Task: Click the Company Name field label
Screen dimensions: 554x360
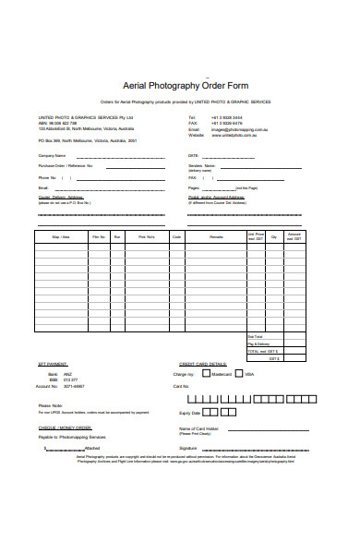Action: click(52, 156)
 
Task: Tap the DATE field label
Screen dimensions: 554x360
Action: click(194, 156)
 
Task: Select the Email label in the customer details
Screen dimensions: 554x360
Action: click(43, 187)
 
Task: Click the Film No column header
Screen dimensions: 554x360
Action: click(99, 237)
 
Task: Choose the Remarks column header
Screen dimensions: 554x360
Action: click(216, 237)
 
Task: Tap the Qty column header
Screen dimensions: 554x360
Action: click(274, 237)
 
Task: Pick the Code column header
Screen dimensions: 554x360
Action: click(176, 237)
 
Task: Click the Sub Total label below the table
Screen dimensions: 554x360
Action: click(254, 336)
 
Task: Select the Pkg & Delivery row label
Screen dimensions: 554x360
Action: click(258, 343)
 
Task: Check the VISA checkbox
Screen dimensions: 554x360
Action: click(239, 375)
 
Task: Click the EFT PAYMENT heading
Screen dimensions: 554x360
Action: click(53, 365)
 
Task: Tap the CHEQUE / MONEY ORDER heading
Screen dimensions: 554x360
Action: click(65, 428)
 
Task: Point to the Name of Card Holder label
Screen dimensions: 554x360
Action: click(198, 428)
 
